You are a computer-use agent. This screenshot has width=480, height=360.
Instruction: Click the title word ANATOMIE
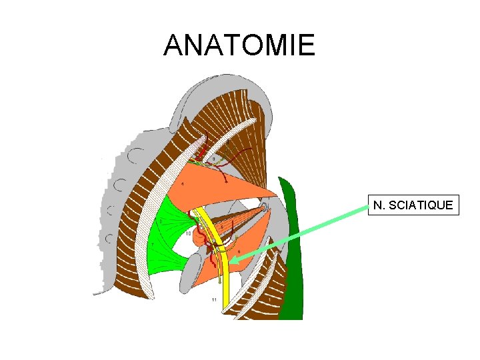pyautogui.click(x=239, y=45)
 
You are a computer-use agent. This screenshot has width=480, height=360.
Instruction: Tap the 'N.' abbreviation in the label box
pyautogui.click(x=379, y=205)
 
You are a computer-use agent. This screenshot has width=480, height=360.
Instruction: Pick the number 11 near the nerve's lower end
pyautogui.click(x=214, y=301)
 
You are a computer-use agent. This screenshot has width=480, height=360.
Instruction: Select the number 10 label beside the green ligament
pyautogui.click(x=188, y=234)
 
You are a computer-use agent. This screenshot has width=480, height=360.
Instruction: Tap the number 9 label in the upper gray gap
pyautogui.click(x=213, y=159)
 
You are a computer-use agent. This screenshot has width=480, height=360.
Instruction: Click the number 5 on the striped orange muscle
pyautogui.click(x=223, y=227)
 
